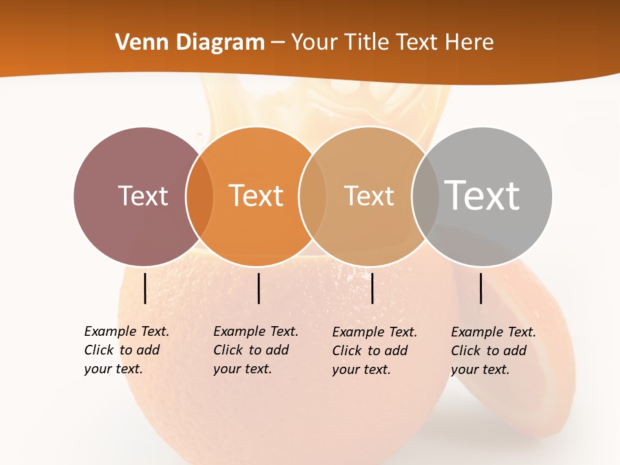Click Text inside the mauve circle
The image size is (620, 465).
(143, 196)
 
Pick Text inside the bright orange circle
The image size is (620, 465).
(256, 196)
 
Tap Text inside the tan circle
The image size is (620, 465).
(369, 196)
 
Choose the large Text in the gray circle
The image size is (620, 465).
(482, 196)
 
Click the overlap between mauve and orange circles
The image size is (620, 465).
(200, 196)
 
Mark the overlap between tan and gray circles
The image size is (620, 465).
(425, 196)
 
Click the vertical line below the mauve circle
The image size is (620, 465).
(145, 288)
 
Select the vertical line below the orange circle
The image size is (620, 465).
(258, 288)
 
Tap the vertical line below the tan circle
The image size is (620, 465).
(373, 288)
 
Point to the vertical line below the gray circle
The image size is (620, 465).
(481, 288)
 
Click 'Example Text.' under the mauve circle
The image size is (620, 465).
(127, 331)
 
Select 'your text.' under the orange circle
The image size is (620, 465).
(242, 369)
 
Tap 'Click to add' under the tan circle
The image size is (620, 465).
(370, 351)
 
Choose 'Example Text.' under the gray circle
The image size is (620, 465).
(493, 332)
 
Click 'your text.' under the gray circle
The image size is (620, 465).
(480, 369)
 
